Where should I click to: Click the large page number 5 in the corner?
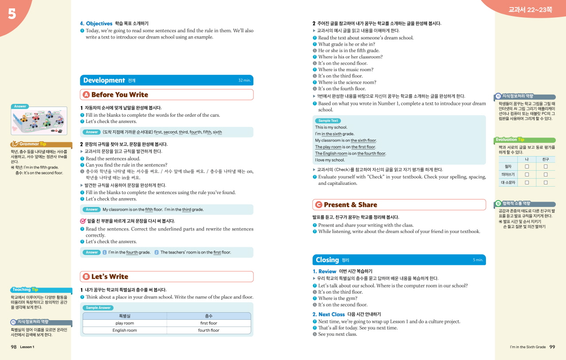[12, 14]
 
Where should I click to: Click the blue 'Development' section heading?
[104, 80]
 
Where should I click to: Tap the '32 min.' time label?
[244, 80]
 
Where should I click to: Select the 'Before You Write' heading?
[119, 95]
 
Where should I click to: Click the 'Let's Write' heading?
[109, 276]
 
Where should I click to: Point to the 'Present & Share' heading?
[350, 205]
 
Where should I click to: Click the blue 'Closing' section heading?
[327, 260]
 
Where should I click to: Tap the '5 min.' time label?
[478, 260]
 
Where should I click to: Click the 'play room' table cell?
[125, 323]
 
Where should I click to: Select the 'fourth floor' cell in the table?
[209, 330]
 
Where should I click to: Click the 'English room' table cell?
[125, 330]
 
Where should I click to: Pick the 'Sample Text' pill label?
[328, 121]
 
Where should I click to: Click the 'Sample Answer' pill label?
[98, 308]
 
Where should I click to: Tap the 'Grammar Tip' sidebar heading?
[33, 144]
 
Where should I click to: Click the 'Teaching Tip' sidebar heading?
[25, 290]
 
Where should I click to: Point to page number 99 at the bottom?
[552, 347]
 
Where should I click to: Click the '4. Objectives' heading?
[96, 23]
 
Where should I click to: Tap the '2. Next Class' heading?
[329, 314]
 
